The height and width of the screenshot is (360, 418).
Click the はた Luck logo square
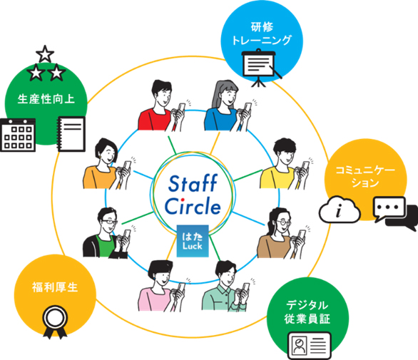coord(193,241)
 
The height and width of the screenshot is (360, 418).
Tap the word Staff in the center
coord(193,183)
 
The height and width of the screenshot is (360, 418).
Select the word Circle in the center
coord(193,206)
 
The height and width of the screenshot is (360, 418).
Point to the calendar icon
coord(18,135)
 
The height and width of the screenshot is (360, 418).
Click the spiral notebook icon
coord(71,134)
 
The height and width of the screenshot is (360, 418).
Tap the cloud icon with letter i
coord(340,210)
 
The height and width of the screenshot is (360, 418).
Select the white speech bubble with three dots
coord(389,209)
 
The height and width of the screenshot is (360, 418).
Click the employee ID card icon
coord(310,346)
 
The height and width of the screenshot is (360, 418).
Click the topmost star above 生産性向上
coord(45,54)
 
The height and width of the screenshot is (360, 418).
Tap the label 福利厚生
coord(55,287)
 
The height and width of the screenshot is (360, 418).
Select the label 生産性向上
coord(46,99)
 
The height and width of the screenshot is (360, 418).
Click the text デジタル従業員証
coord(307,312)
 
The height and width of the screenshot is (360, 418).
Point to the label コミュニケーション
coord(365,176)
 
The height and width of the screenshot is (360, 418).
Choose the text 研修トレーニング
coord(262,34)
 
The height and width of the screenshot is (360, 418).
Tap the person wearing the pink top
coord(161,286)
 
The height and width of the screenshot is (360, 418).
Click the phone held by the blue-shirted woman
coord(248,107)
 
